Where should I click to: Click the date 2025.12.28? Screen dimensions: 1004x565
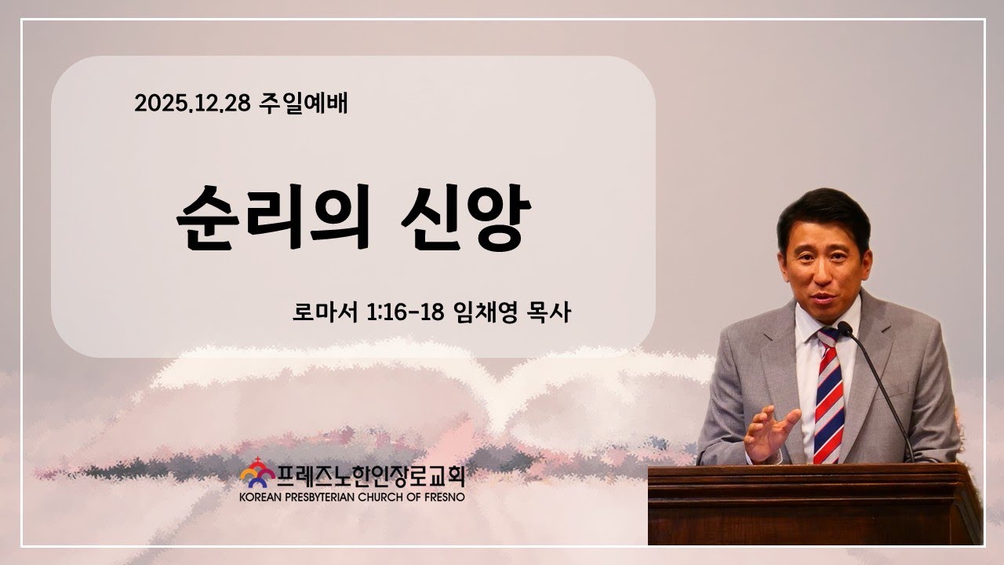pos(192,104)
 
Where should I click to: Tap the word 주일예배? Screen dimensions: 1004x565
pos(303,103)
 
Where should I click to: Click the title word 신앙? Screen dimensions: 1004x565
pos(466,217)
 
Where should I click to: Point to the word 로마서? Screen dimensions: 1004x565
pos(325,312)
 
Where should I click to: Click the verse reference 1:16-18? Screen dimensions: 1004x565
pos(406,312)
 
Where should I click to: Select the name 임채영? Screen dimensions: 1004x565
pos(486,312)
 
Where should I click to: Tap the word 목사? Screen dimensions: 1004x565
pos(549,312)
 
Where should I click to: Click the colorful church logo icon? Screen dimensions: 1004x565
pos(257,473)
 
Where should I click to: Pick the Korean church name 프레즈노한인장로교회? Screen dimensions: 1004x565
pos(371,476)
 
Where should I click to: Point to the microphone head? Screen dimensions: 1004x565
pos(845,329)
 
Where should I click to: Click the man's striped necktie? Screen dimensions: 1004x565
pos(828,395)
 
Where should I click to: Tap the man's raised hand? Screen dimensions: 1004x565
pos(771,433)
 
